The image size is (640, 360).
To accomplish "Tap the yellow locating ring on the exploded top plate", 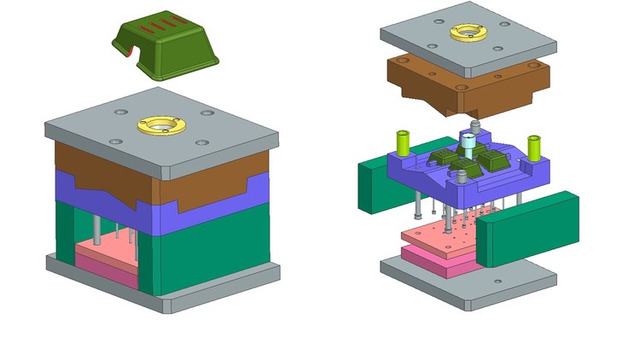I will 468,32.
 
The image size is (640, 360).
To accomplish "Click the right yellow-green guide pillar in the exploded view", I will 534,147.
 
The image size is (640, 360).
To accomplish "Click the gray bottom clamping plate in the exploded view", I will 469,286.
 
